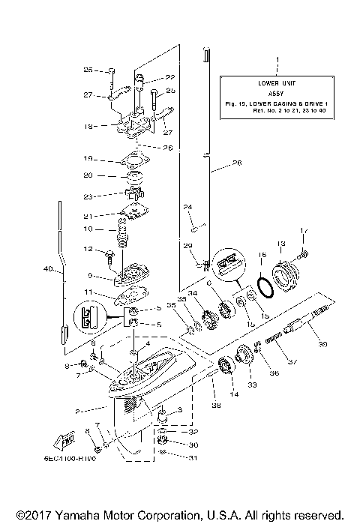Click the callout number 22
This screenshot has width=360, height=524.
(x=170, y=77)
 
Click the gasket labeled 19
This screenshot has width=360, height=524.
(x=128, y=161)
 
